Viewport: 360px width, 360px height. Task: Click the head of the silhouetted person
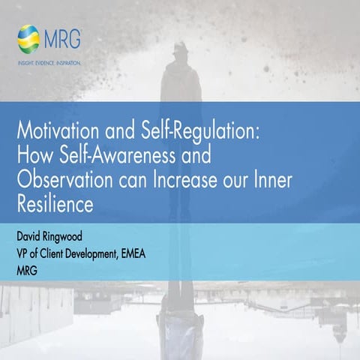pyautogui.click(x=181, y=50)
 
